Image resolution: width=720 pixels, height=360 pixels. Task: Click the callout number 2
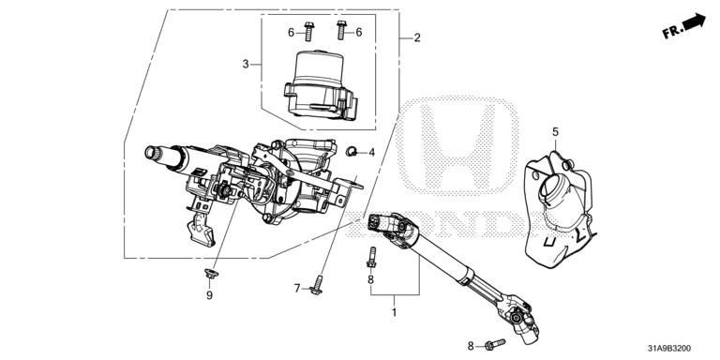[417, 37]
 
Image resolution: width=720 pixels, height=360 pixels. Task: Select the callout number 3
[246, 65]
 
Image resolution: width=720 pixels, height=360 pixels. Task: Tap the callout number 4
[371, 152]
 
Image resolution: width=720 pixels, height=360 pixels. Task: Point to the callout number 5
[556, 132]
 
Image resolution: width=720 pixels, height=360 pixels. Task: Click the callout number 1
[394, 313]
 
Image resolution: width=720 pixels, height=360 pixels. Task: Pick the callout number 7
[297, 289]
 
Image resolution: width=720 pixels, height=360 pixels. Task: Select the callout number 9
[209, 295]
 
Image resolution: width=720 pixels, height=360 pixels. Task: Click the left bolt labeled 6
[308, 31]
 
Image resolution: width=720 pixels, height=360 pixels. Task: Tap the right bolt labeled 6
[340, 30]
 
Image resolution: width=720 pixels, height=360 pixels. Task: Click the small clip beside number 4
[352, 150]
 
